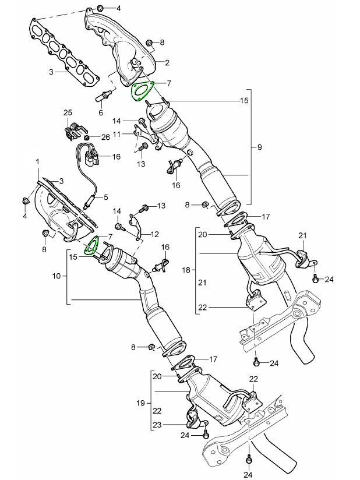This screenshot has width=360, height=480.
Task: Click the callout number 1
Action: pos(38,160)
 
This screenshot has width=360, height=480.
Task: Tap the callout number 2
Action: pos(167,62)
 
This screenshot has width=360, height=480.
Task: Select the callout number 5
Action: pos(106,197)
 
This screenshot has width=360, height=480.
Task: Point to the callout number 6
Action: pos(100,112)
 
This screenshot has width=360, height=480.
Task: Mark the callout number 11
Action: pos(117,134)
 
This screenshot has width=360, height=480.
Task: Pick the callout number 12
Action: pos(155,234)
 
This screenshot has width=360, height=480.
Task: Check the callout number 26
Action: pos(105,137)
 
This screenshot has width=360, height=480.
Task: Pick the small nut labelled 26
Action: pos(87,137)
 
